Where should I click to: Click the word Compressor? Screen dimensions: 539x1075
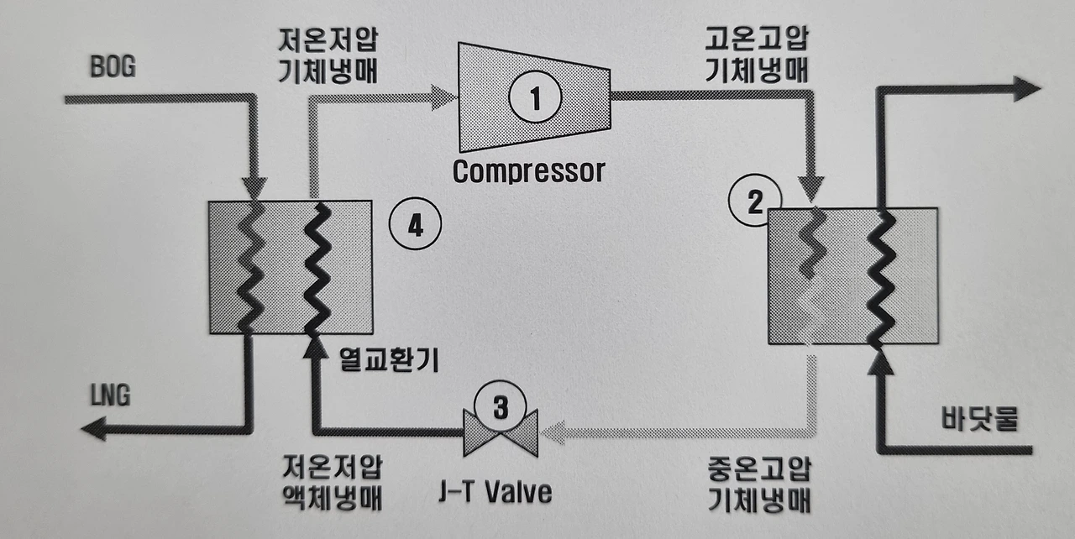[528, 171]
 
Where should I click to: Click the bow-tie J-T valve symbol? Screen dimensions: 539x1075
[501, 433]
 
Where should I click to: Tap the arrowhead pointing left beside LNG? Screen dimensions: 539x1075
[93, 430]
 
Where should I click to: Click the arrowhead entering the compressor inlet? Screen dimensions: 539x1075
[442, 97]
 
